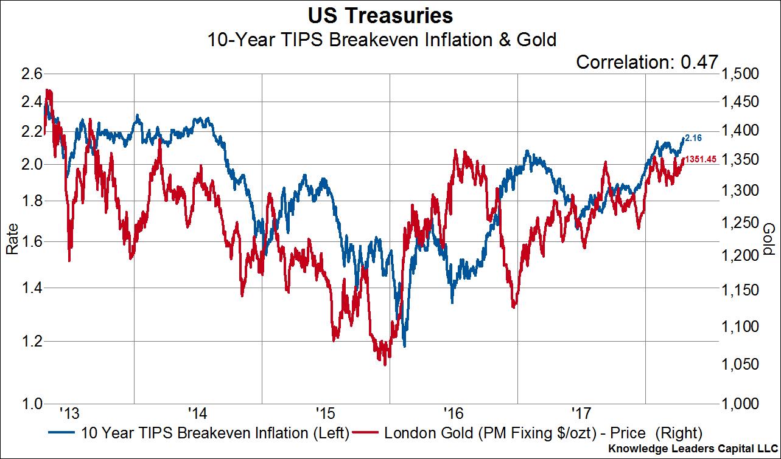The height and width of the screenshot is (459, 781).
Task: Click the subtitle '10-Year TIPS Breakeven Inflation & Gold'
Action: pos(382,40)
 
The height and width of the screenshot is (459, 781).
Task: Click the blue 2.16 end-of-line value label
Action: pos(694,138)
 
